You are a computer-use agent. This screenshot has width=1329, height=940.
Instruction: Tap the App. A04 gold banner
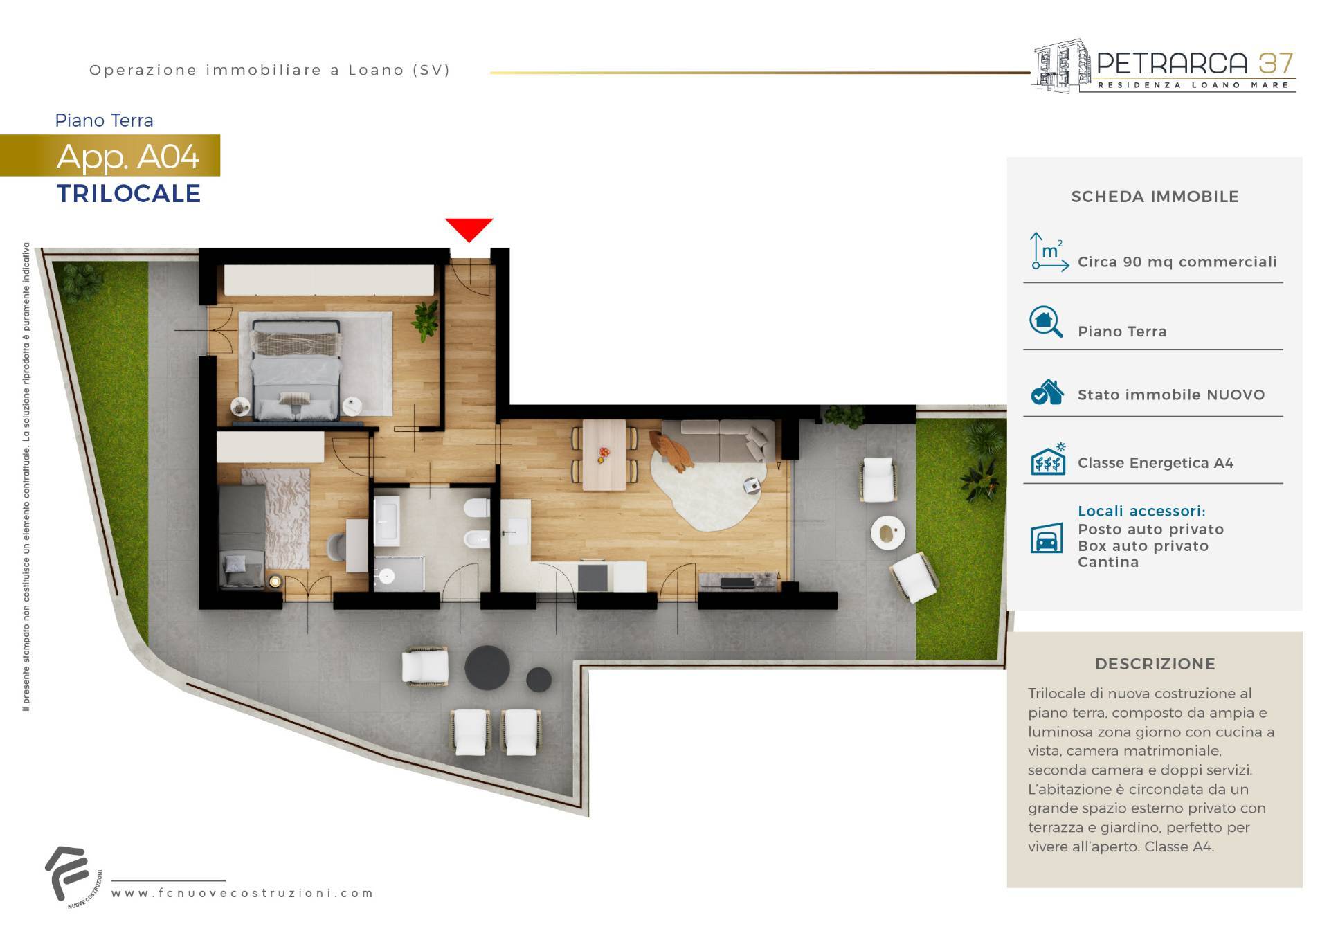tap(110, 155)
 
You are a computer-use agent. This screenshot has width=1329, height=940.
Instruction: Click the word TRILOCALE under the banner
tap(129, 194)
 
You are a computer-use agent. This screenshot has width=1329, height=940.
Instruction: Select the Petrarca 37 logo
tap(1164, 66)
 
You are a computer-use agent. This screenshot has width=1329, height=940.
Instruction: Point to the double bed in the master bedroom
tap(296, 370)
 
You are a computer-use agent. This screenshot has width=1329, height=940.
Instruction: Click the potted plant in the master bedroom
tap(425, 320)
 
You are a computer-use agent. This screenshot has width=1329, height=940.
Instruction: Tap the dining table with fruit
tap(604, 454)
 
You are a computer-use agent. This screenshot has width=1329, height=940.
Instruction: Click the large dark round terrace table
tap(487, 668)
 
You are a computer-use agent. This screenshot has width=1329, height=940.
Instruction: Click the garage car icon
tap(1047, 538)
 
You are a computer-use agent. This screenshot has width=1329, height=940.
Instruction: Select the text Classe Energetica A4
tap(1155, 463)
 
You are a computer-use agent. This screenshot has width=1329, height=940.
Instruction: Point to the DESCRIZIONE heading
tap(1155, 664)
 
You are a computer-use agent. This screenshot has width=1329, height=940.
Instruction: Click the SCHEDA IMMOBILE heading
tap(1155, 197)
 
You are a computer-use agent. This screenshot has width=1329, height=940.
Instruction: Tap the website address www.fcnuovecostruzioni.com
tap(242, 893)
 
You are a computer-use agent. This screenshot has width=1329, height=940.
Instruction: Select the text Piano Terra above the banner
tap(104, 120)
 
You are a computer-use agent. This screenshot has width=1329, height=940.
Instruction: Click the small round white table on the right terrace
tap(887, 533)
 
